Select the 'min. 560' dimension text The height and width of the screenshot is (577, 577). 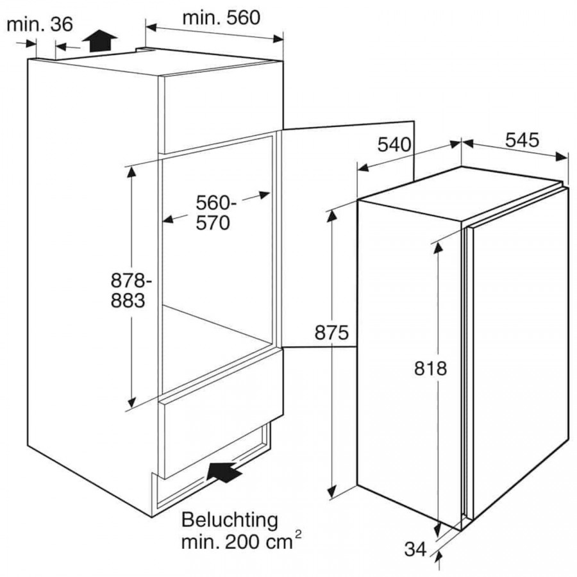[x=221, y=18]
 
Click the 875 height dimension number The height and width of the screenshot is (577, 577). [x=331, y=333]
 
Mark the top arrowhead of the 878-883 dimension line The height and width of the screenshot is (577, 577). [x=131, y=171]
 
